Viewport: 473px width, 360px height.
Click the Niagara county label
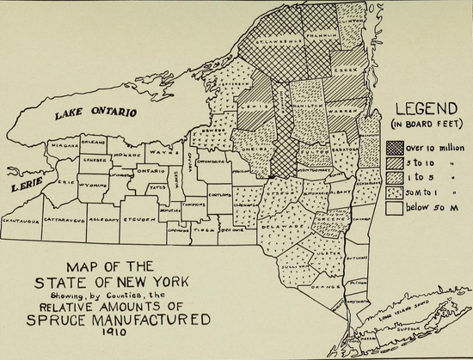[64, 146]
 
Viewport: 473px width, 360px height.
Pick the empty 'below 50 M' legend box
[396, 206]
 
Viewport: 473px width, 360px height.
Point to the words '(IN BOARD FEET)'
[423, 126]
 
